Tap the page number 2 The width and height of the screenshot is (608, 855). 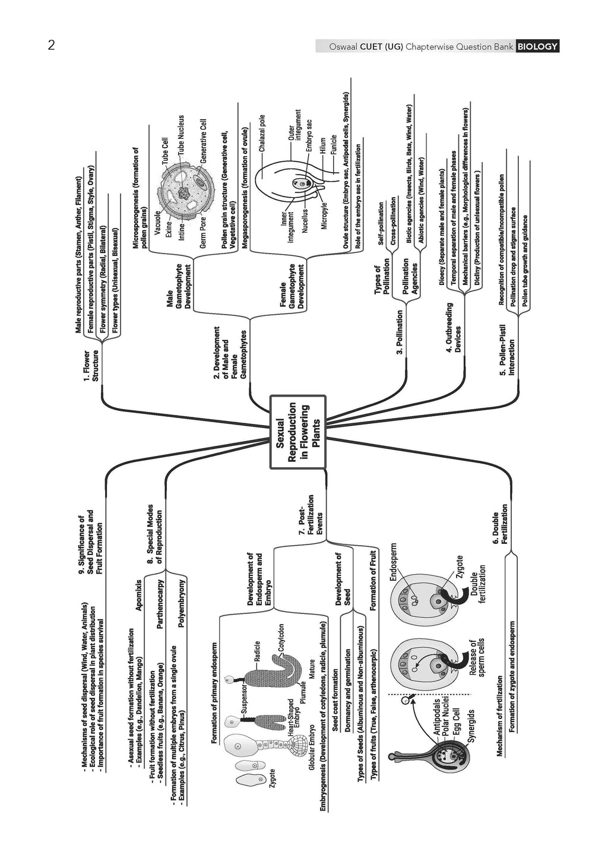52,46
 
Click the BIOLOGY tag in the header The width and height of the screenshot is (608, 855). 537,46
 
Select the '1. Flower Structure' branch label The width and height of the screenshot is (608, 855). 91,366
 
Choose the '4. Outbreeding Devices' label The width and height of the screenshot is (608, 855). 453,328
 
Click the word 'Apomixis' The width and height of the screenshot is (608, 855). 138,595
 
